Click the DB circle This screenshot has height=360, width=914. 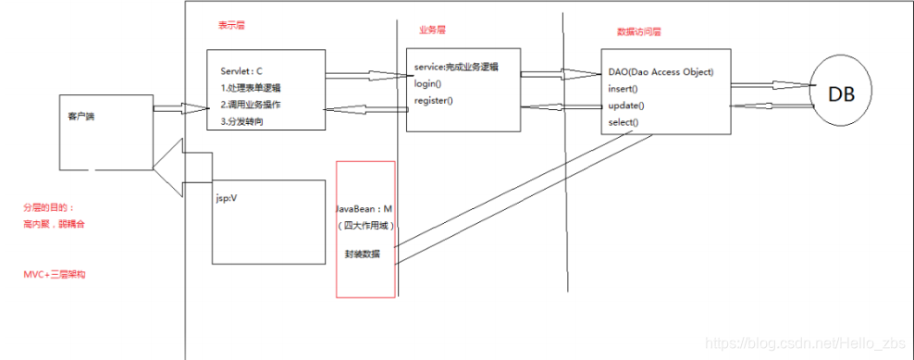pyautogui.click(x=841, y=95)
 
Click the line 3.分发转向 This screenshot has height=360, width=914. pyautogui.click(x=242, y=121)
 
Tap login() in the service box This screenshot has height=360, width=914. pyautogui.click(x=426, y=83)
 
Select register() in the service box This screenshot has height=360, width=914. pyautogui.click(x=433, y=100)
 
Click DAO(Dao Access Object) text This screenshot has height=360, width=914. pyautogui.click(x=660, y=72)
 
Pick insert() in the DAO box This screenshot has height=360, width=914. pyautogui.click(x=625, y=89)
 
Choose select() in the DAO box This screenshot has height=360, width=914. pyautogui.click(x=626, y=123)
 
